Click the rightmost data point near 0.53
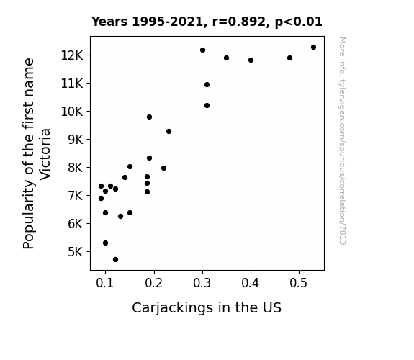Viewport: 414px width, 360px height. [313, 48]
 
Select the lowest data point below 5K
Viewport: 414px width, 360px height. [115, 260]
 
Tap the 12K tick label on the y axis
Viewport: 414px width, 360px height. [72, 55]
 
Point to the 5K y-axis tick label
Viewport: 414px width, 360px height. [76, 252]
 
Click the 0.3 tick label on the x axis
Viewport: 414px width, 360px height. [202, 283]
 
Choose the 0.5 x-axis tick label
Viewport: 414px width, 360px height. [299, 283]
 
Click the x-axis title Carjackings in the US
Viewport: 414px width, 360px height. [207, 308]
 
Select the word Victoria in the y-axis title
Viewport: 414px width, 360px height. [45, 155]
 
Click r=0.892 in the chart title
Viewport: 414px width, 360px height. [239, 22]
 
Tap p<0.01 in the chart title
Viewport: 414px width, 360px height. [298, 22]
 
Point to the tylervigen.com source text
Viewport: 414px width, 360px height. [342, 141]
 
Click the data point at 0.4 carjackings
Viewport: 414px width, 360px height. [251, 60]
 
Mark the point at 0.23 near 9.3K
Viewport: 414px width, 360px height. [168, 132]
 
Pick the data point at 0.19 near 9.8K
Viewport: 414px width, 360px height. [149, 117]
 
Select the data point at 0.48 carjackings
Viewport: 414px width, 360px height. [289, 58]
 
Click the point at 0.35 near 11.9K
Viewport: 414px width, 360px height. [226, 58]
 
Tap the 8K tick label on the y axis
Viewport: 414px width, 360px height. [76, 168]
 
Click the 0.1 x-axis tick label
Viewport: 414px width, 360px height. [105, 283]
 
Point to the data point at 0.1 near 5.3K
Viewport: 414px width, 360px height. [105, 243]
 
